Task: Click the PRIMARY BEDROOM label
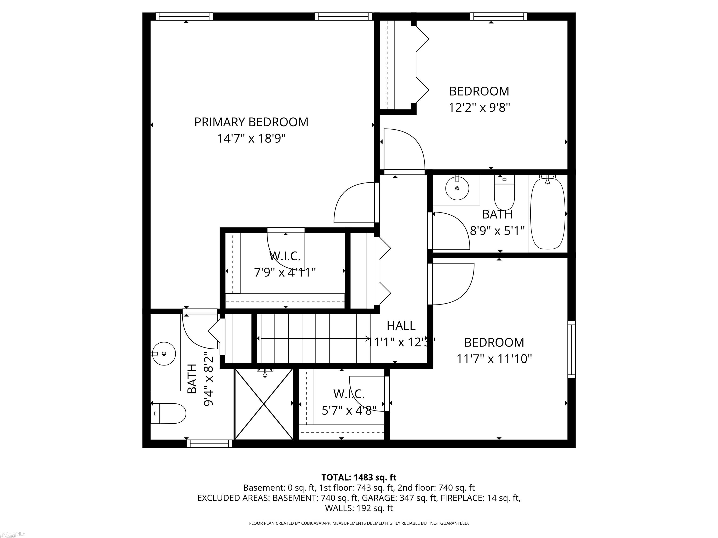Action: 251,122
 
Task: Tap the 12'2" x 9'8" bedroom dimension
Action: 479,107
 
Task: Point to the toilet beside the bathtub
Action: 504,193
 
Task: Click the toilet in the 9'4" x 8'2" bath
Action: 169,414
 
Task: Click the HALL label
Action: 401,326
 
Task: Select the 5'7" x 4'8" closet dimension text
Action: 349,411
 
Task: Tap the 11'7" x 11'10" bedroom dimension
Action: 494,359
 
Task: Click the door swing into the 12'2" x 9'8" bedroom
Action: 404,149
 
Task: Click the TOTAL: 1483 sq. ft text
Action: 359,477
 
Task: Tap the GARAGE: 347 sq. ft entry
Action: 399,498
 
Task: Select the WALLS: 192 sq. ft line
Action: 359,508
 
